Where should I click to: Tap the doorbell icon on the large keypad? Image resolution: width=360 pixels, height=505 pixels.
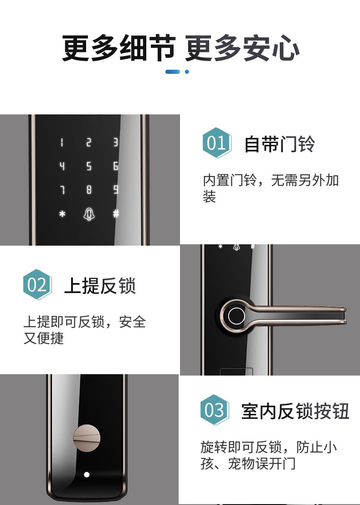click(x=89, y=214)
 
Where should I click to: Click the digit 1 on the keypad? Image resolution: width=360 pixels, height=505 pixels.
click(x=62, y=143)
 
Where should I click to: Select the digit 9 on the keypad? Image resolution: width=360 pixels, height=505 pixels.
click(x=116, y=190)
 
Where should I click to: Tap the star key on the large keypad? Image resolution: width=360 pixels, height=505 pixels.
click(x=62, y=214)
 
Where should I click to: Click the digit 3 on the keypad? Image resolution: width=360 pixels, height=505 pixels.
click(x=116, y=143)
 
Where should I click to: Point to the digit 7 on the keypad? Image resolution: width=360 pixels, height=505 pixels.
click(x=62, y=190)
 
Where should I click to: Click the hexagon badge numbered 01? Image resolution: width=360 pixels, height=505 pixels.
click(x=216, y=143)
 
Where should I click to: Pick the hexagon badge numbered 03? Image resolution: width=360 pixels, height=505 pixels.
click(x=214, y=410)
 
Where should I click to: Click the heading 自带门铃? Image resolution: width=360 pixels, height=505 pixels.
click(x=279, y=144)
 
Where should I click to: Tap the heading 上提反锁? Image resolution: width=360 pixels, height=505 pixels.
click(x=100, y=286)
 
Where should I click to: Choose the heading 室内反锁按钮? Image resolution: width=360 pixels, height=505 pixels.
click(x=295, y=411)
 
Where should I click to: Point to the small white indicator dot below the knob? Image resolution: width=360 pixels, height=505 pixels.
click(x=87, y=474)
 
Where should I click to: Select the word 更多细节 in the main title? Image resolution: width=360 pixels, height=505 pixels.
click(x=118, y=49)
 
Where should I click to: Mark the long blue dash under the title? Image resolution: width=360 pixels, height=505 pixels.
click(x=173, y=72)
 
